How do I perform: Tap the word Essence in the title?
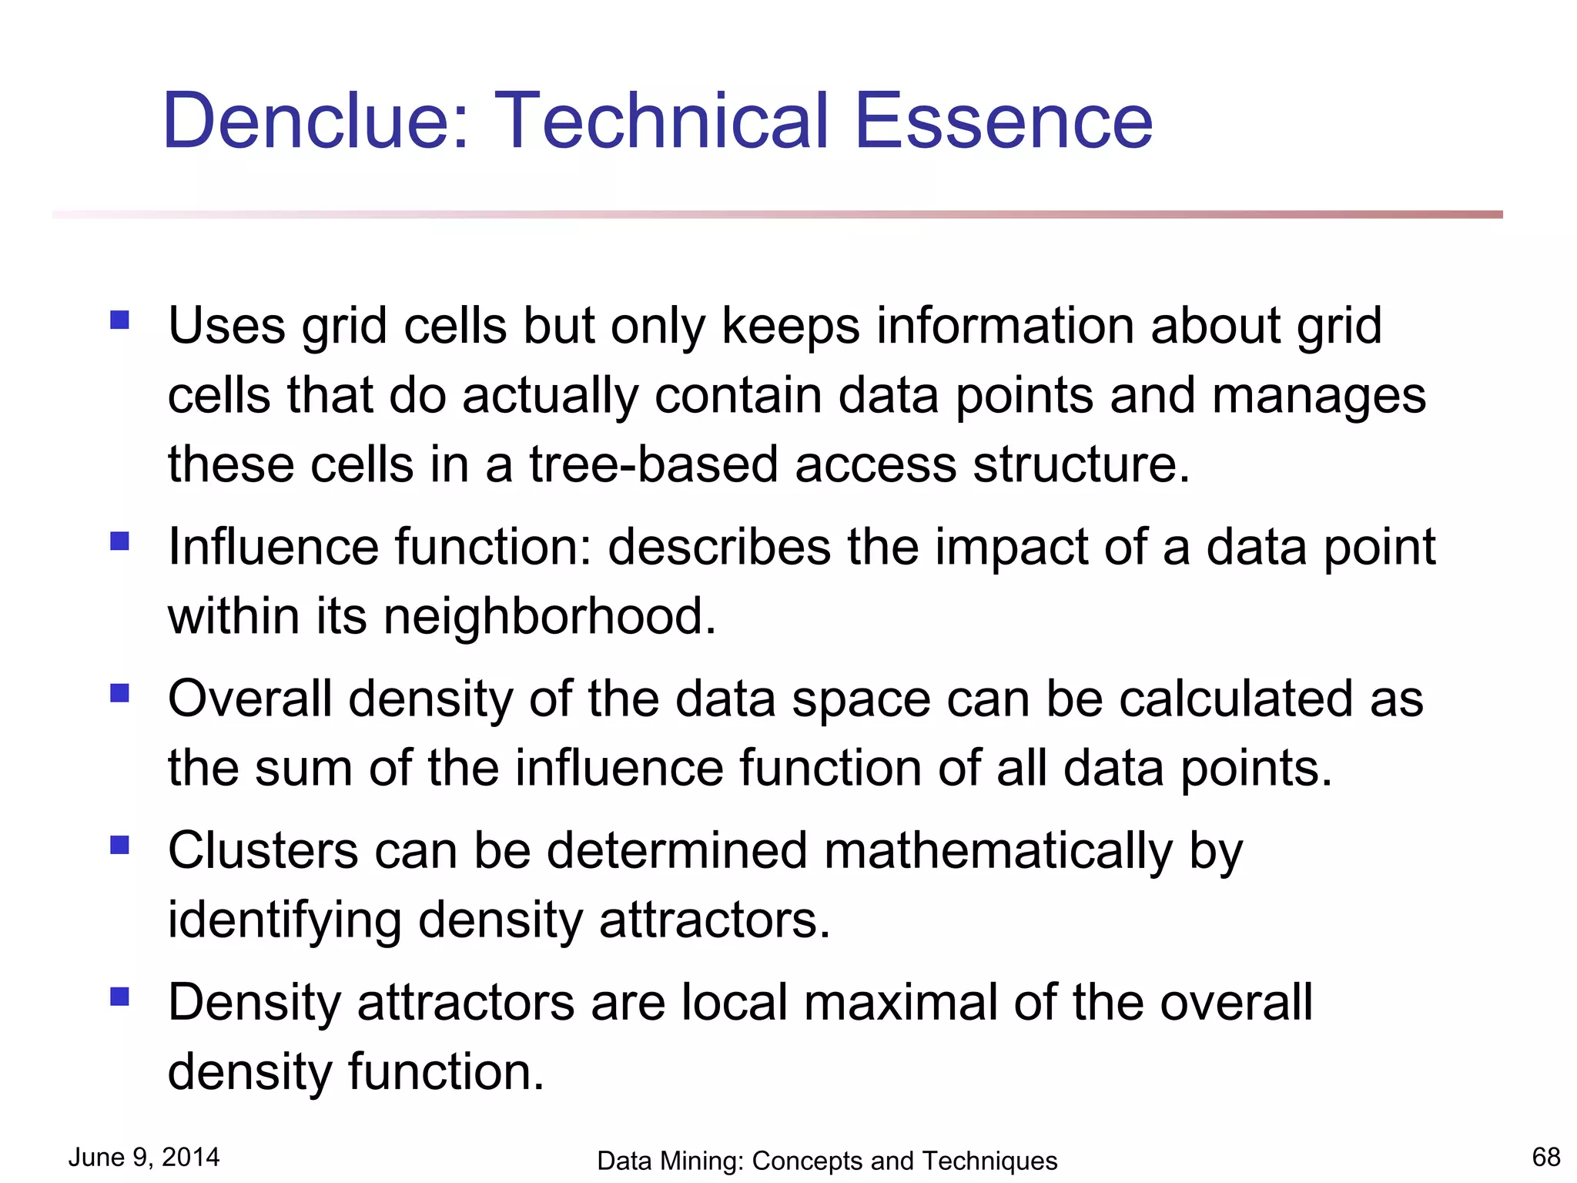click(1003, 121)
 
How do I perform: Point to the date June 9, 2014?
click(144, 1157)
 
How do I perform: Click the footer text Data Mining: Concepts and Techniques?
click(827, 1161)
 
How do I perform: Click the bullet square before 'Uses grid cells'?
click(119, 320)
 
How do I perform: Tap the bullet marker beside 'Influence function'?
click(119, 541)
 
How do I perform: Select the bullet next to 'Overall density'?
click(119, 693)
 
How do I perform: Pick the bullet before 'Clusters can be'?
click(119, 846)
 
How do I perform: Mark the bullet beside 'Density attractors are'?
click(119, 997)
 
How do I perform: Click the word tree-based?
click(654, 465)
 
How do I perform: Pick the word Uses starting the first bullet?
click(226, 326)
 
